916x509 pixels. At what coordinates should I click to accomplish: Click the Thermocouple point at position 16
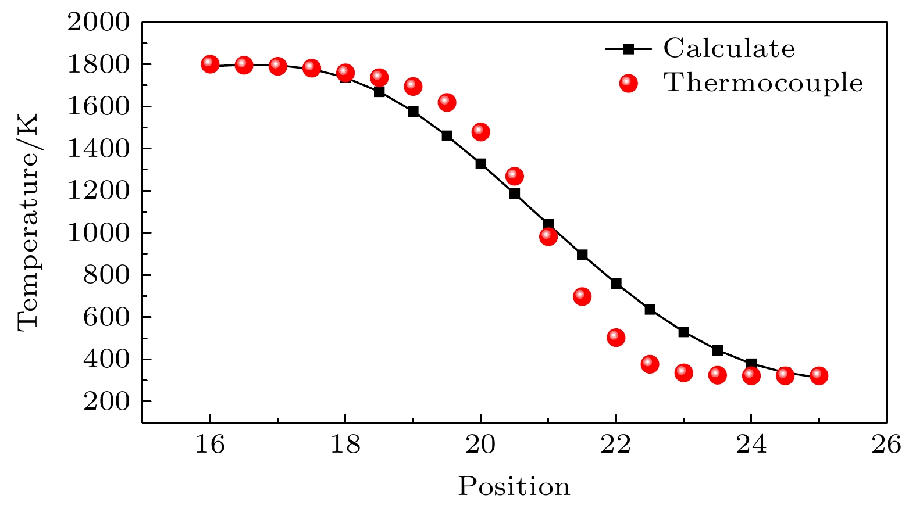pos(210,64)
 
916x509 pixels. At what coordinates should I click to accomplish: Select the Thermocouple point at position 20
pos(480,132)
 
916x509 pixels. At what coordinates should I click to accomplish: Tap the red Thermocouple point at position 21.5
pos(582,296)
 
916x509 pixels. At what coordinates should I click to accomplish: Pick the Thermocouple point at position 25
pos(819,375)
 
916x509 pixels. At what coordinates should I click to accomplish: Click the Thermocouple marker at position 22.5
pos(650,364)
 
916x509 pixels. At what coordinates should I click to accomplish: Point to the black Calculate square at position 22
pos(616,284)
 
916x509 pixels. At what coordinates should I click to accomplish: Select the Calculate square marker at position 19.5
pos(447,136)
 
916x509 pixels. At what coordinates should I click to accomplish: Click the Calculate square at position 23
pos(683,332)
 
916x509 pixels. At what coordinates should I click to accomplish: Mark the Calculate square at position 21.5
pos(582,254)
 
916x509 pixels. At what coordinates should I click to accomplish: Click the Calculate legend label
pos(729,49)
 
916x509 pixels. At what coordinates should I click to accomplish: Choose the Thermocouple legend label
pos(763,83)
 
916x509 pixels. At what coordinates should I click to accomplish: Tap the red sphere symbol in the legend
pos(628,84)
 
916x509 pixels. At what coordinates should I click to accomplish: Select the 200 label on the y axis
pos(106,402)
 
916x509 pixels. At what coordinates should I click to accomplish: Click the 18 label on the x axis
pos(345,445)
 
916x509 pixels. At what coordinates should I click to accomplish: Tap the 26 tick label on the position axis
pos(886,445)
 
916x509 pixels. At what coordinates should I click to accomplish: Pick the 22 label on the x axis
pos(616,445)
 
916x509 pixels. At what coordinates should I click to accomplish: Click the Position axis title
pos(514,486)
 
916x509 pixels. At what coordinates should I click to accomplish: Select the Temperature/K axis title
pos(28,222)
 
